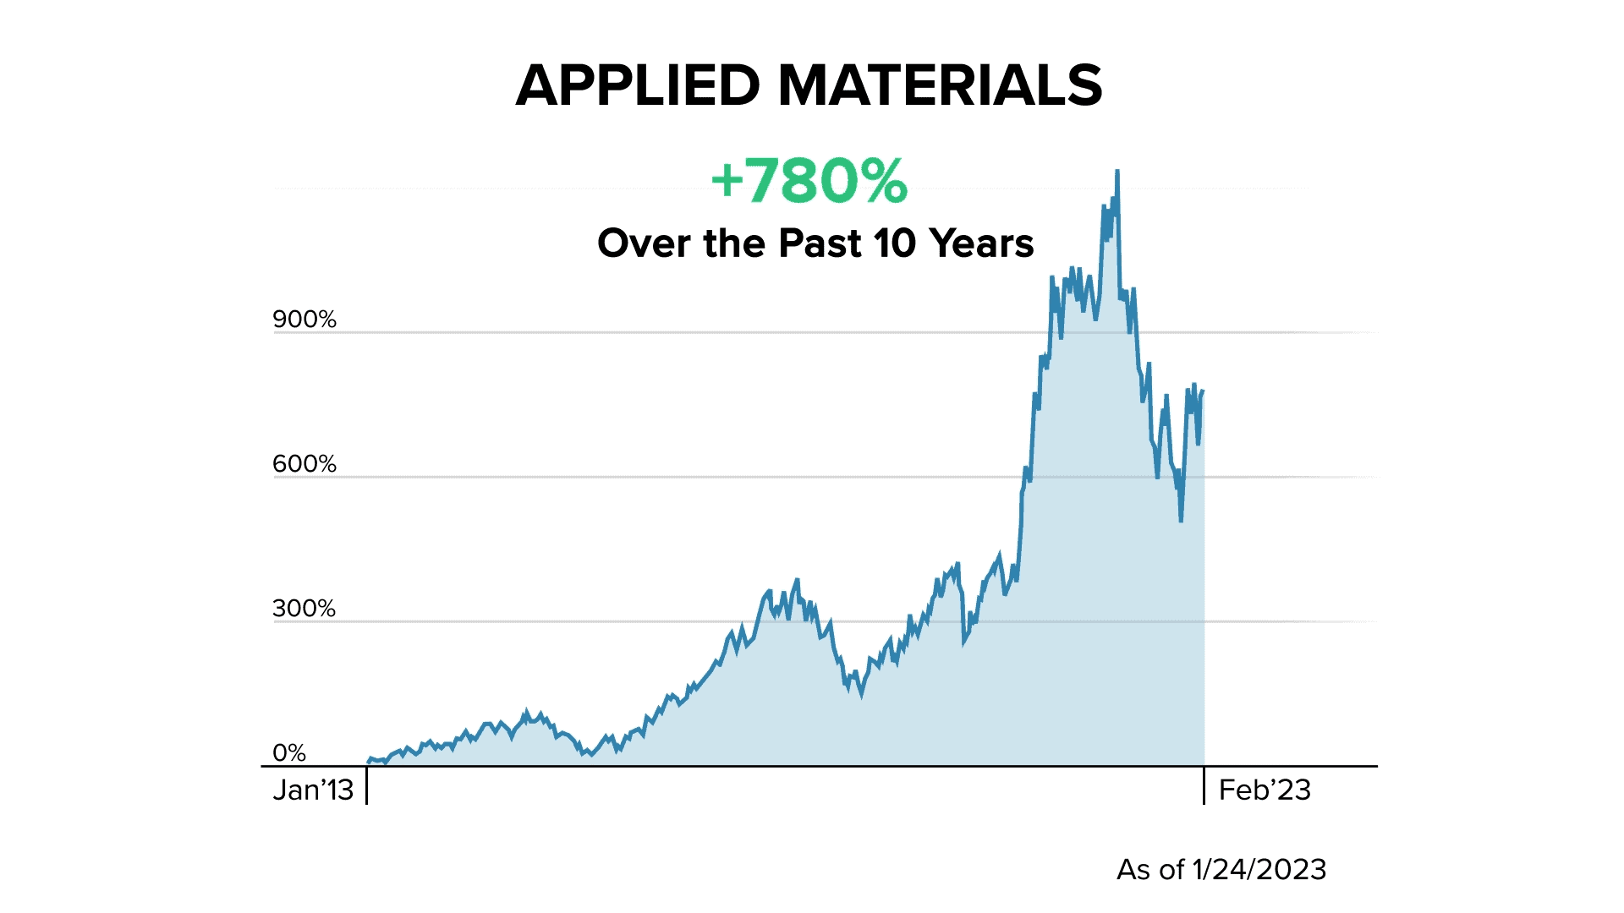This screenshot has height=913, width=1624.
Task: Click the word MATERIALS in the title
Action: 940,85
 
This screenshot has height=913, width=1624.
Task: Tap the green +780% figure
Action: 809,181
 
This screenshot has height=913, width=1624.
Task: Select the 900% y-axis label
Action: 304,320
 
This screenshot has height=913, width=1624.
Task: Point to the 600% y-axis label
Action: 304,464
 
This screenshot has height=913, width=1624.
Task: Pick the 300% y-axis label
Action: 304,609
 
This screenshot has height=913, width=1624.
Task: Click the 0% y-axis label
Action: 289,752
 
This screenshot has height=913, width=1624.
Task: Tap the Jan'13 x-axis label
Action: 313,790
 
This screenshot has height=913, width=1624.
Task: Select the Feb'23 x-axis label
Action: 1265,790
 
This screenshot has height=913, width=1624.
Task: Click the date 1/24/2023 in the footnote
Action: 1259,869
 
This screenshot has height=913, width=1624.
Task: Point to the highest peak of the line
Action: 1117,172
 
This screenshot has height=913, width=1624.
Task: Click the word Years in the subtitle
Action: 981,243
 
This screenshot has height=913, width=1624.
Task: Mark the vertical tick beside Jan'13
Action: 367,785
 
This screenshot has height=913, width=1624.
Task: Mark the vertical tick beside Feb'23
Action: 1204,785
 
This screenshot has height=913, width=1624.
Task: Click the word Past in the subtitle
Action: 820,243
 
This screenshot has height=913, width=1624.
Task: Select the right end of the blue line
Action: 1203,391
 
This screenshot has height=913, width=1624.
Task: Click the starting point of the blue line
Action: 369,761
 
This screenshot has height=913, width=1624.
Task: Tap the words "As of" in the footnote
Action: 1150,869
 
